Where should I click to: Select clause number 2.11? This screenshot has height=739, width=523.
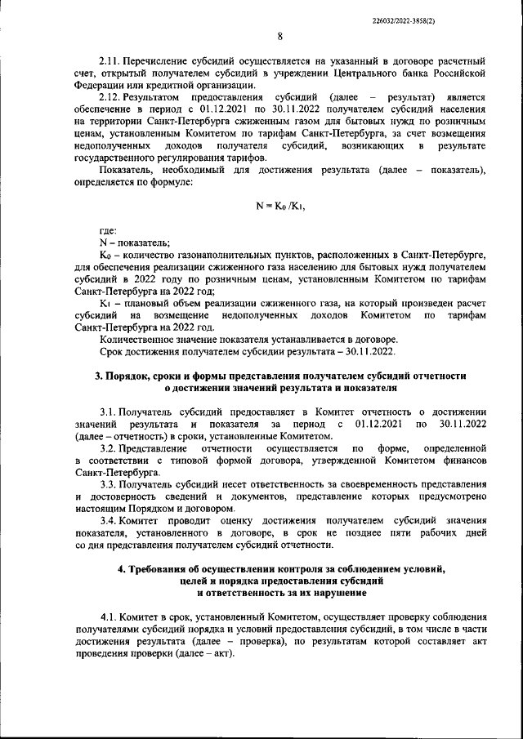pos(109,62)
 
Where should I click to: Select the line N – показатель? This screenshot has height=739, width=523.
pos(135,243)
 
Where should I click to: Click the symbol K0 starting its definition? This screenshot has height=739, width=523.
pos(104,256)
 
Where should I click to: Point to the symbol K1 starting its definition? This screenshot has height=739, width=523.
pos(104,303)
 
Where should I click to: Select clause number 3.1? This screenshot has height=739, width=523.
pos(108,412)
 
